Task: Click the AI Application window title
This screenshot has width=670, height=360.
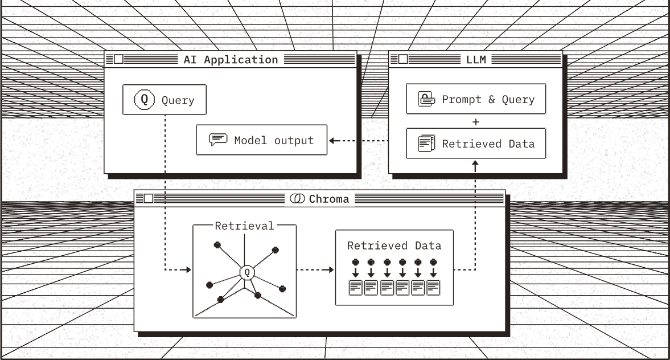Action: click(x=231, y=59)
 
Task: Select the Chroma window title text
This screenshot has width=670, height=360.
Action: click(x=329, y=199)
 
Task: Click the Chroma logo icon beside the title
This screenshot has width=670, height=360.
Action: click(x=297, y=199)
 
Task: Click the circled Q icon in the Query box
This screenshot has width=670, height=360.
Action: click(x=144, y=100)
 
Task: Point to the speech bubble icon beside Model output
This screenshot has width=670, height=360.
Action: click(x=218, y=140)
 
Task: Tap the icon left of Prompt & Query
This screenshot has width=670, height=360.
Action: click(x=426, y=99)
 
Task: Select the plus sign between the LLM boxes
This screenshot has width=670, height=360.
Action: click(x=476, y=121)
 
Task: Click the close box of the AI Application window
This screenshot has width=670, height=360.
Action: click(x=118, y=59)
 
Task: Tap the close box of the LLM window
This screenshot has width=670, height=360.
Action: click(x=402, y=59)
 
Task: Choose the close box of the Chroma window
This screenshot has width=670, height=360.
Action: click(x=148, y=199)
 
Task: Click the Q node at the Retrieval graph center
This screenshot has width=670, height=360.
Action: click(x=246, y=272)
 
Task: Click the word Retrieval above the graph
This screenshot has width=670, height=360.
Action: click(x=244, y=226)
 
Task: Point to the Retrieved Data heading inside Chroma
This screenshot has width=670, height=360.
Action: click(x=394, y=246)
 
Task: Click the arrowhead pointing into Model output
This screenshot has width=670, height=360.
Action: click(x=332, y=140)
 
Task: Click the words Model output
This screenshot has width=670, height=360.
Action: click(x=274, y=140)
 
